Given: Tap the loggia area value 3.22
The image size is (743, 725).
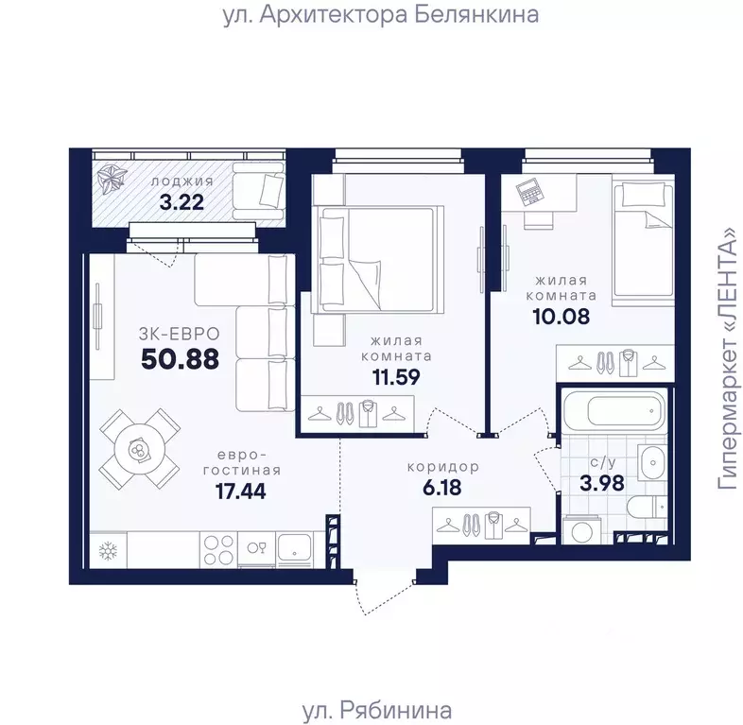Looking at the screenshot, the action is [181, 202].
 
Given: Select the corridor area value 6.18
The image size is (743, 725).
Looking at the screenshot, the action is [442, 487].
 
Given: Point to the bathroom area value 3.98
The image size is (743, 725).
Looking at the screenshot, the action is [602, 483].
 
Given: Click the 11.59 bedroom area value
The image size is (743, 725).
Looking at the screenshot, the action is [396, 377].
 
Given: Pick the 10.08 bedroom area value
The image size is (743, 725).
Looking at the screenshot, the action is [562, 316].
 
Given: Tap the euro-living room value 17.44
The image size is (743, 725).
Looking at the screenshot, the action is [241, 491].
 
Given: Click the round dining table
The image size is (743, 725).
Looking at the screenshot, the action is [139, 449].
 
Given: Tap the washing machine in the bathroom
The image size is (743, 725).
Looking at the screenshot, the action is [582, 531].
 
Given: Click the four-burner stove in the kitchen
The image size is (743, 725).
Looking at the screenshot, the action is [218, 550].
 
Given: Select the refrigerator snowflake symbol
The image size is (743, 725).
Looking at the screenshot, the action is [108, 551].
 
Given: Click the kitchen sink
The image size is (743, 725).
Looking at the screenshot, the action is [295, 548].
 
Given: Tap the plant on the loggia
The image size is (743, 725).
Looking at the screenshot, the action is [112, 180].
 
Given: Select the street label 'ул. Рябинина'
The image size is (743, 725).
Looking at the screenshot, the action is [377, 710].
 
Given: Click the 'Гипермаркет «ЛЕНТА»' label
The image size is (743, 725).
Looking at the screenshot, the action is [728, 358].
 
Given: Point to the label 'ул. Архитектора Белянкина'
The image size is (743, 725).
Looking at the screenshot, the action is [381, 15].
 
